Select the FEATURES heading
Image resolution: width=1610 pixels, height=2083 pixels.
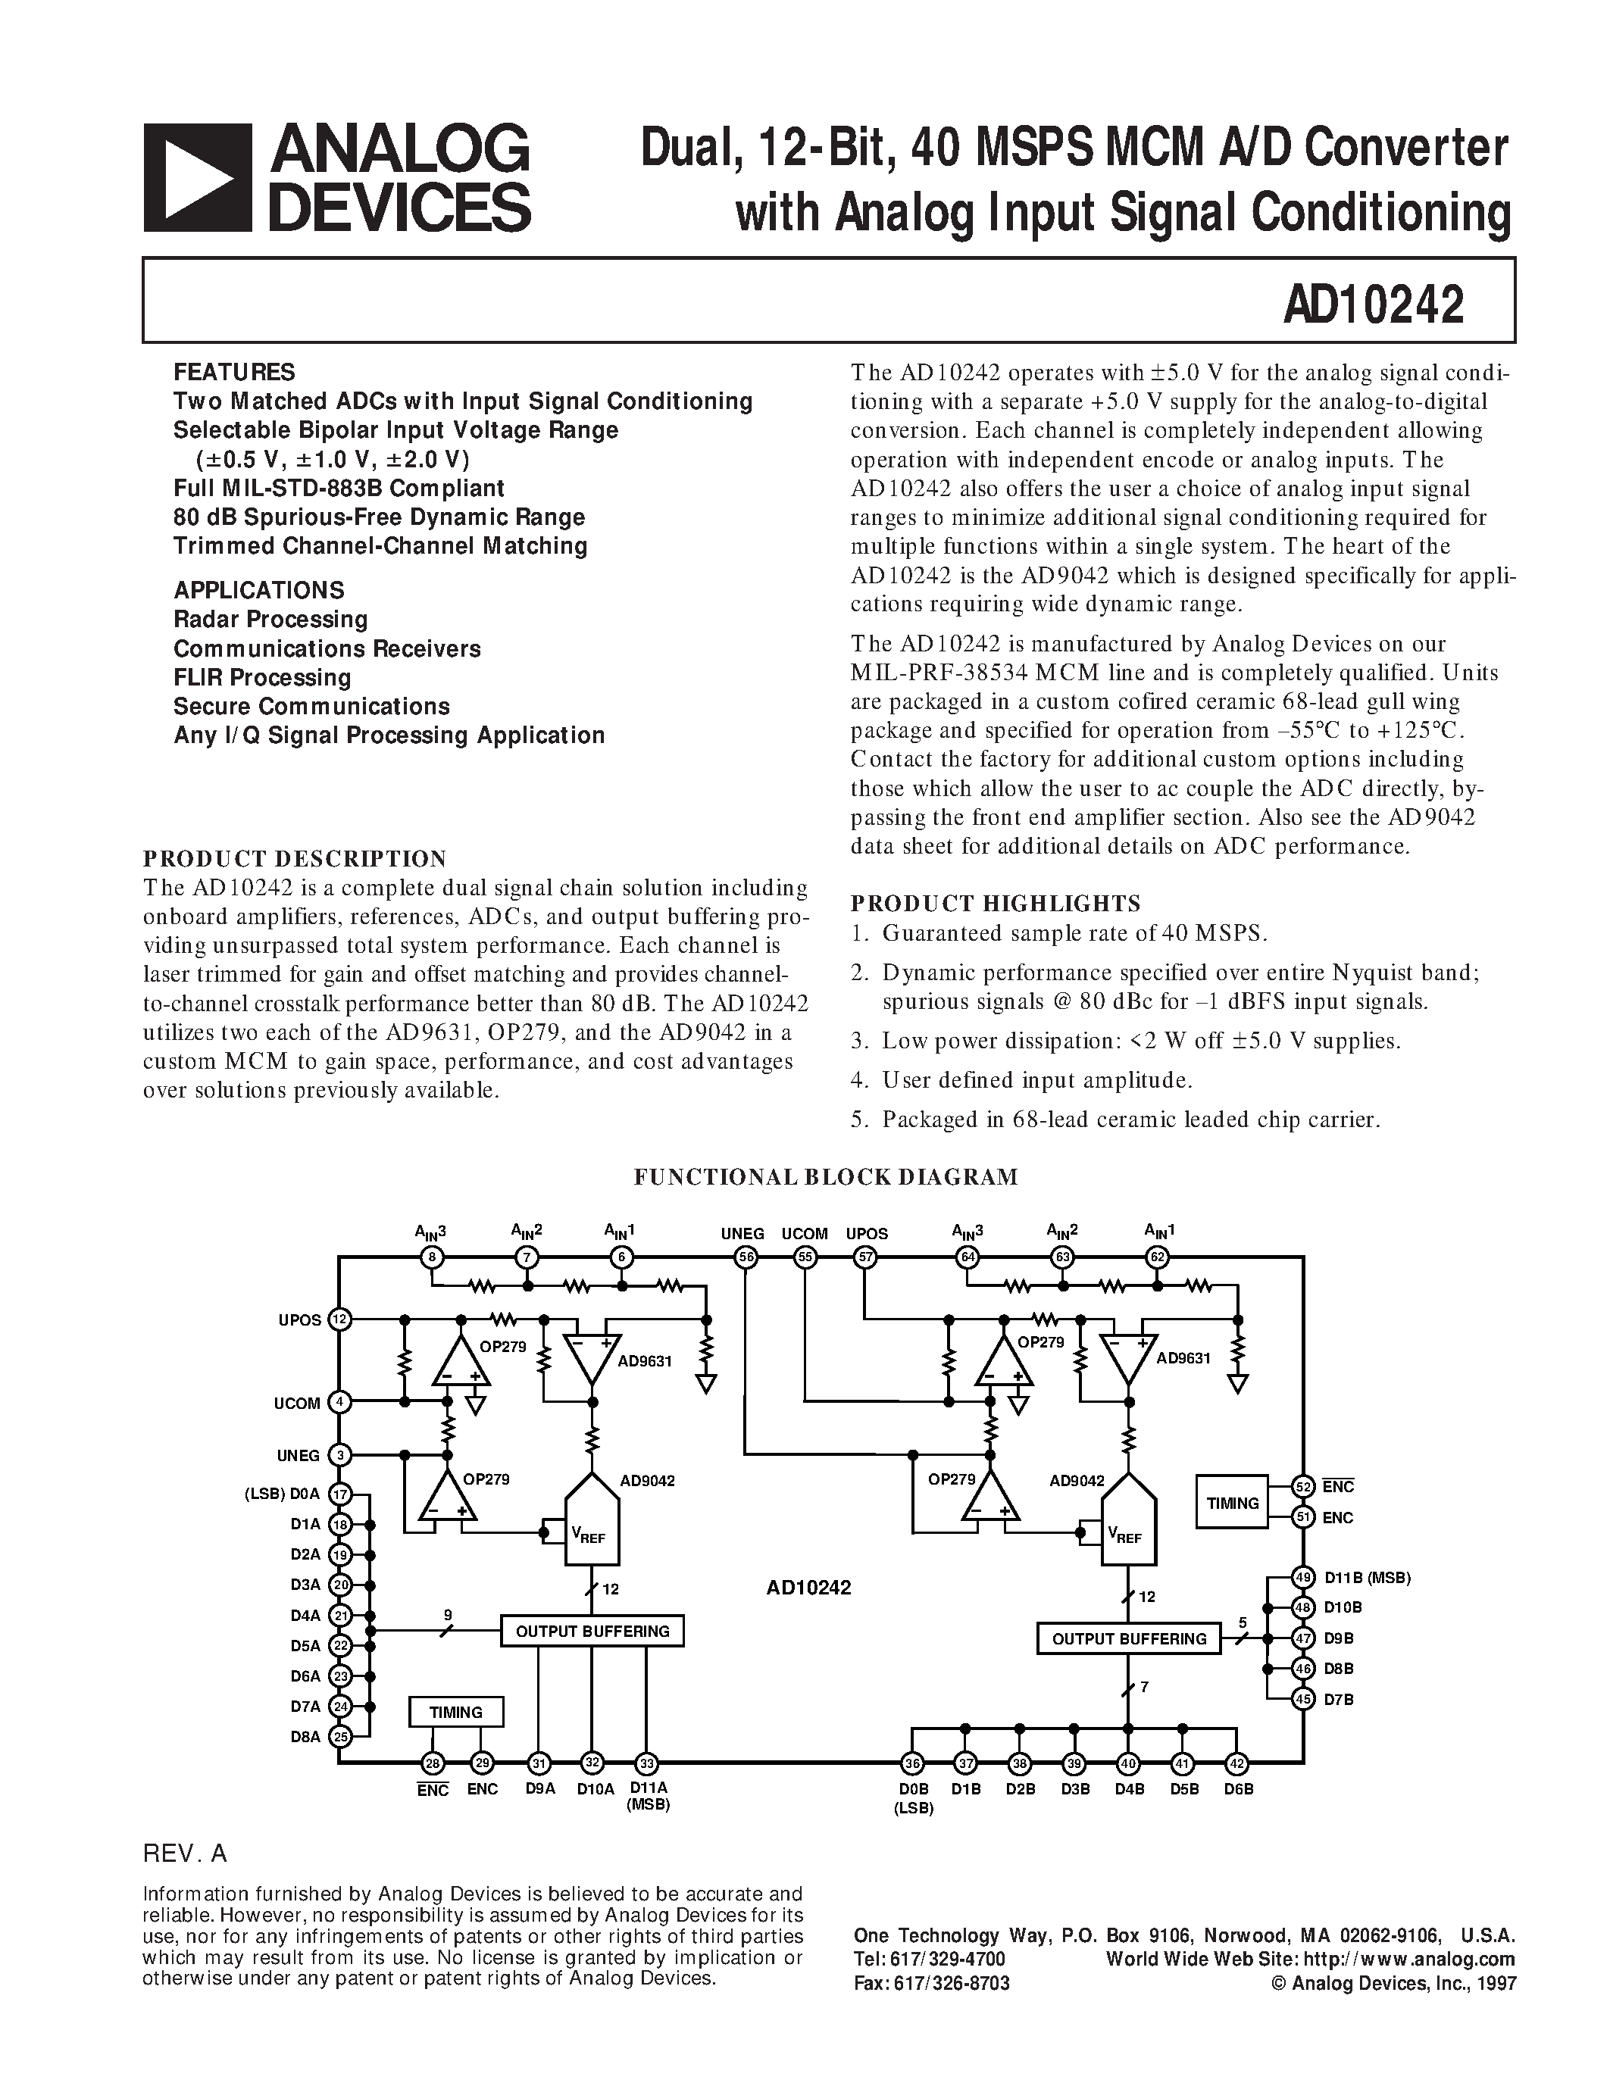tap(233, 372)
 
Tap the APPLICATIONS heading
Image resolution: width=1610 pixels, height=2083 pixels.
tap(258, 589)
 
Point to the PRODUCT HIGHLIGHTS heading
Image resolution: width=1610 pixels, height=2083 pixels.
tap(995, 902)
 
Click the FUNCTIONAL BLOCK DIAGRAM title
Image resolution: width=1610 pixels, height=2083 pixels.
tap(826, 1177)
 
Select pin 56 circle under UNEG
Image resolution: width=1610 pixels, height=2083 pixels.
tap(745, 1257)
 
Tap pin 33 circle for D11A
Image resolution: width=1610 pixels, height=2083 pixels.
tap(647, 1763)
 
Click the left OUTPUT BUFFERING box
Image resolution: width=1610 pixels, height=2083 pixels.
tap(592, 1631)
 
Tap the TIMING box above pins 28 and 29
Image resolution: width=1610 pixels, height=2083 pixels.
tap(456, 1712)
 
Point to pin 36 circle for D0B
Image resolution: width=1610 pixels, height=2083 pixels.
tap(911, 1763)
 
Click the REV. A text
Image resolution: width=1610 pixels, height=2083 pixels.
tap(185, 1853)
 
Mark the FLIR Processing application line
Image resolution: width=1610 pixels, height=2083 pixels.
tap(262, 677)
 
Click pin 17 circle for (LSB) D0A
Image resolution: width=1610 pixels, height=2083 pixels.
tap(339, 1494)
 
